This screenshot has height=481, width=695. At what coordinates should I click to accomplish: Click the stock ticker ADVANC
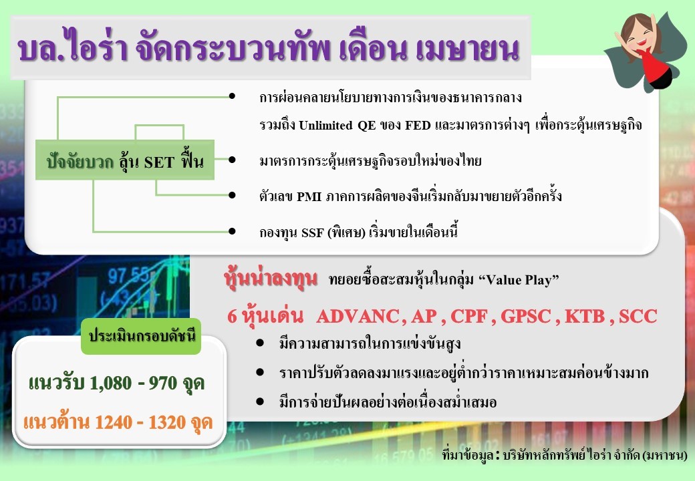(359, 316)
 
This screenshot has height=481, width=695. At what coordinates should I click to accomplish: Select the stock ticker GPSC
(526, 316)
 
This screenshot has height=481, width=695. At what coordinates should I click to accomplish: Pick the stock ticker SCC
(638, 316)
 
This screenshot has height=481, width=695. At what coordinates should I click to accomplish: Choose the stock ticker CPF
(469, 316)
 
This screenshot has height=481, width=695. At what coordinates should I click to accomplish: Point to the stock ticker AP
(424, 316)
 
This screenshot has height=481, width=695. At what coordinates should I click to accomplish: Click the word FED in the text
(418, 126)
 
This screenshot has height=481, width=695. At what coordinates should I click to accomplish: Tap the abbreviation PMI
(309, 196)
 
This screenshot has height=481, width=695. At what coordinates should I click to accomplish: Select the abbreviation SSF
(313, 232)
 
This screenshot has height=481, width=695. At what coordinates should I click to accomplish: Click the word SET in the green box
(159, 162)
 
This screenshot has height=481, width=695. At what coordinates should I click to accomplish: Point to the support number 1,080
(111, 383)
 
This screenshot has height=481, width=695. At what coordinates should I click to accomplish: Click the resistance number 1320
(167, 422)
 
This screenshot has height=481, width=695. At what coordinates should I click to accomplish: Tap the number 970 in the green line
(162, 383)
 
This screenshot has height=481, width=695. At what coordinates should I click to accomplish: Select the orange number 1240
(114, 422)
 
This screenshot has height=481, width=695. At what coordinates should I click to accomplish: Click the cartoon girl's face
(639, 36)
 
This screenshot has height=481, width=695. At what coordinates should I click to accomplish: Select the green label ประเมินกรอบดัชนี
(142, 336)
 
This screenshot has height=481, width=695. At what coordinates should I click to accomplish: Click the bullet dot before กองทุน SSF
(232, 231)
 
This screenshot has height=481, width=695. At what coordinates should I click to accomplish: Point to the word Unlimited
(326, 126)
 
